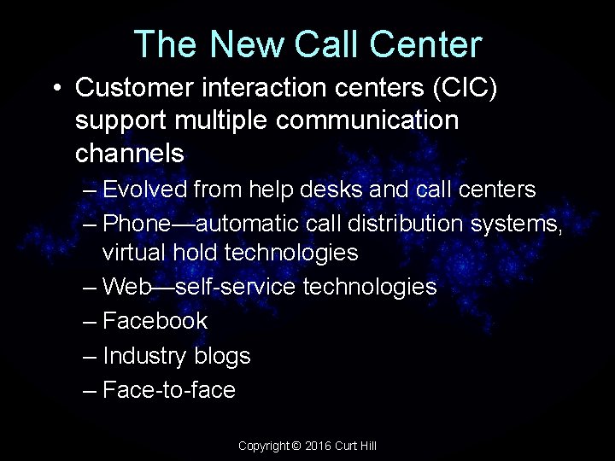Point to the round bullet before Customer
pos(55,88)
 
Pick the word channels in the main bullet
pos(130,154)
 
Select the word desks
pos(328,189)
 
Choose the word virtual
pos(132,254)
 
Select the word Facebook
pos(155,321)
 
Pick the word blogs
pos(223,356)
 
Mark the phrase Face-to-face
pos(168,390)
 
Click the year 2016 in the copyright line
pos(319,446)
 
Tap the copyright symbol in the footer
pos(296,446)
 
